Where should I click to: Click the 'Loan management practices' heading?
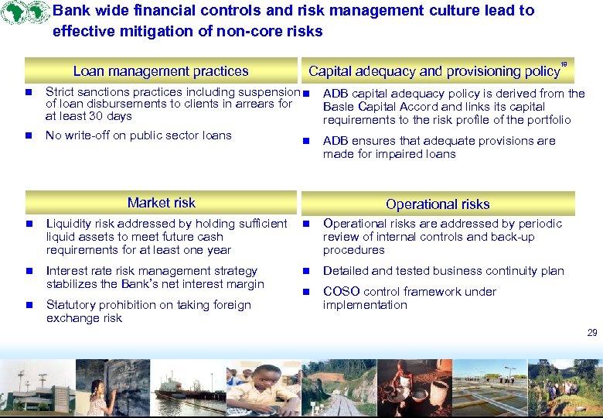pos(161,71)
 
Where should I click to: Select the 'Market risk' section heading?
pos(161,203)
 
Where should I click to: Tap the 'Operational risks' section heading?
pos(438,204)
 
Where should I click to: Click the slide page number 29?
pos(592,333)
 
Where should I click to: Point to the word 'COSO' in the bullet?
pos(339,292)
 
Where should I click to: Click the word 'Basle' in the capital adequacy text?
pos(338,107)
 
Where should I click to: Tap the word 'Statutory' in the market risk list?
pos(71,305)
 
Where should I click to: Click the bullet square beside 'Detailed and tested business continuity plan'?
pos(306,272)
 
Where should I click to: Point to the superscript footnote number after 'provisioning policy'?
pos(564,64)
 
